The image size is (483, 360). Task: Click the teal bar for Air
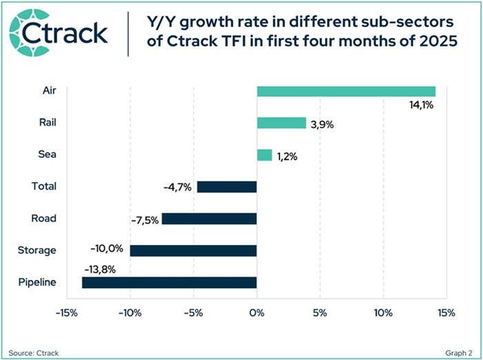(x=346, y=91)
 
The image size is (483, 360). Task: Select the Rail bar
(x=281, y=123)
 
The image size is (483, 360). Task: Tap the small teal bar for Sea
(x=264, y=154)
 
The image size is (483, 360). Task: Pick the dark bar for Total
(x=226, y=186)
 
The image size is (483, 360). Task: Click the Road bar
(x=209, y=218)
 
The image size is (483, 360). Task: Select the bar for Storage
(x=193, y=250)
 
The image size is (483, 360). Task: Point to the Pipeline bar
(x=169, y=282)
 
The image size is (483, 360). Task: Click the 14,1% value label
(x=423, y=106)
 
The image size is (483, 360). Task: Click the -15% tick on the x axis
(x=67, y=312)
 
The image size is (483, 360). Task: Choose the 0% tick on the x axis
(x=257, y=312)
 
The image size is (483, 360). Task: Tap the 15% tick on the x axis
(x=446, y=312)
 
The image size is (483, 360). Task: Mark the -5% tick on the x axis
(x=193, y=312)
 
